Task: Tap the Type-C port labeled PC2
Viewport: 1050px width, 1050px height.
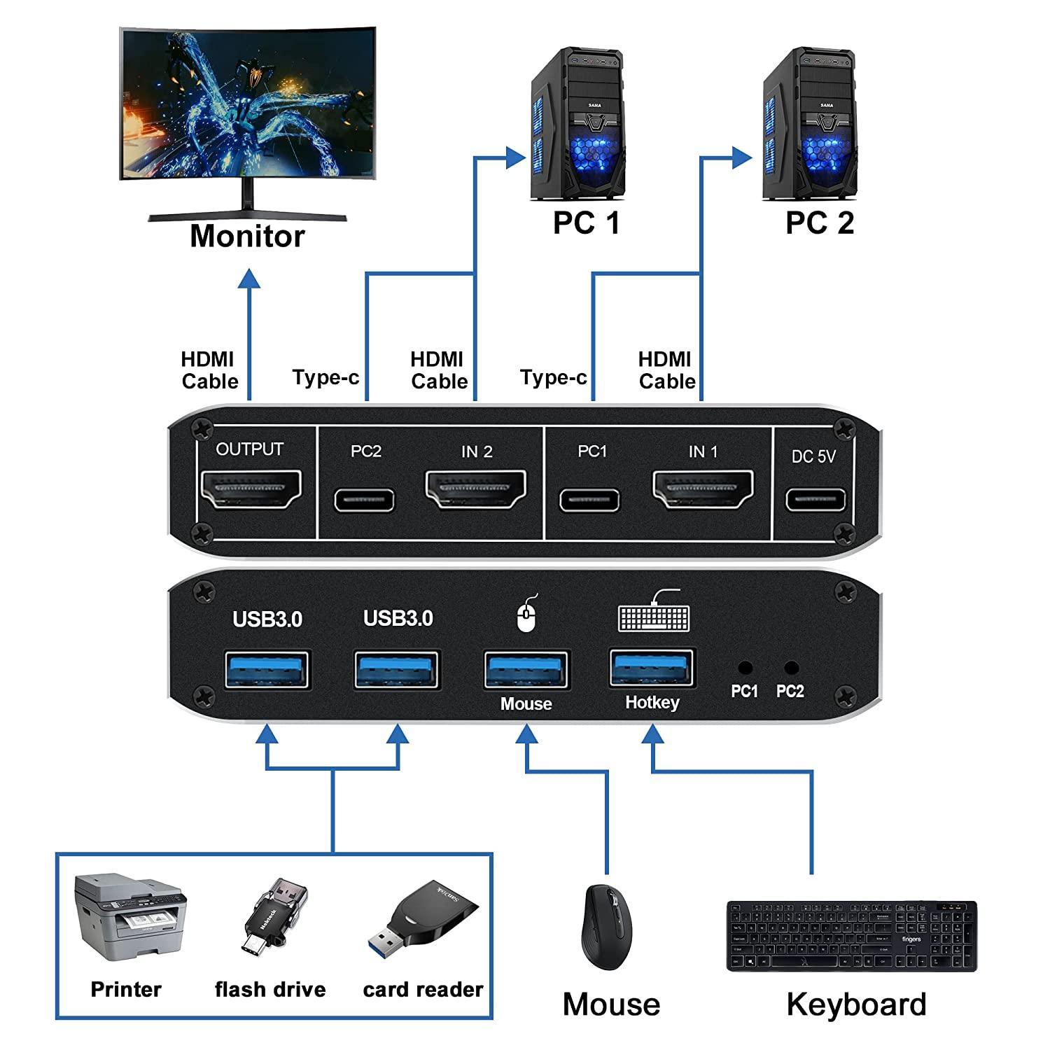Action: coord(365,500)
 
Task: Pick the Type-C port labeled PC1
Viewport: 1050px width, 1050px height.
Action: coord(589,500)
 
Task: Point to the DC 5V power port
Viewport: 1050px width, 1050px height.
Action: coord(815,500)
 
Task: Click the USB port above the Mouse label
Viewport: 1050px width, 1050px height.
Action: coord(527,671)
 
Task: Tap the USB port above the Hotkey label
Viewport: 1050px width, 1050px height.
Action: coord(652,668)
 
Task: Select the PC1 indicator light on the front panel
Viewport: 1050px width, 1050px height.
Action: coord(745,668)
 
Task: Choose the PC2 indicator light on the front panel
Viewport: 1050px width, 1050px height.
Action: coord(791,668)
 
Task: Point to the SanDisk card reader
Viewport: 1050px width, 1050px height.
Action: coord(423,924)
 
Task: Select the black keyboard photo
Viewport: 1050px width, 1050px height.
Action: coord(851,936)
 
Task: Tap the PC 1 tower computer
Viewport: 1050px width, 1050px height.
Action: coord(578,122)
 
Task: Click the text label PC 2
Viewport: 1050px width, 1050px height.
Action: coord(820,223)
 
